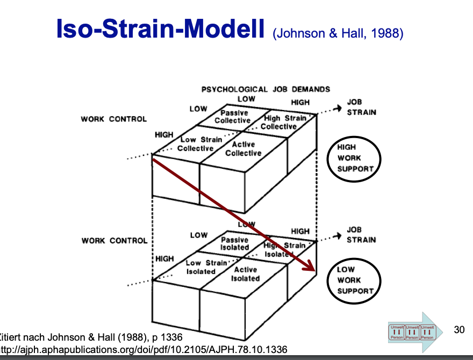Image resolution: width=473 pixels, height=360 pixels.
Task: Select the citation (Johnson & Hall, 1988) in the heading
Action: click(x=338, y=34)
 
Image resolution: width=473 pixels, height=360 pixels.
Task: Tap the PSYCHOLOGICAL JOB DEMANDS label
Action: click(x=266, y=89)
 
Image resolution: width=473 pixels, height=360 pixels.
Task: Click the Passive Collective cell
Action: click(x=235, y=117)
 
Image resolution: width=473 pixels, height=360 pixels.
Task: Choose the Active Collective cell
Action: click(x=243, y=149)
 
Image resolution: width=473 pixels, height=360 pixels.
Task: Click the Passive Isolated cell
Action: click(x=234, y=243)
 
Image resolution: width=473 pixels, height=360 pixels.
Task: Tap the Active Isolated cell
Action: click(x=246, y=274)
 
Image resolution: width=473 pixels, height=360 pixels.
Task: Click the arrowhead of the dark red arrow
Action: click(x=311, y=268)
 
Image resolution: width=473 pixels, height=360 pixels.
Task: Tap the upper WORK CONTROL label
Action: click(x=113, y=119)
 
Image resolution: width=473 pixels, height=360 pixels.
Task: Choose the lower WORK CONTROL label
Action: click(x=114, y=240)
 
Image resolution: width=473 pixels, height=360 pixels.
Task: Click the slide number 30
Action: click(x=459, y=329)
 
